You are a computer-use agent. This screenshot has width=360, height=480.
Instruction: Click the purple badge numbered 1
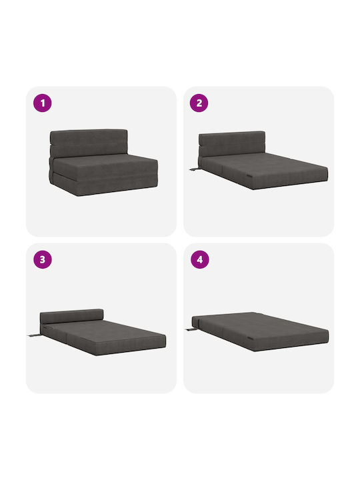coord(43,103)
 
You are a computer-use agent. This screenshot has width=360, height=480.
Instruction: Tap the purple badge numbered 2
coord(199,103)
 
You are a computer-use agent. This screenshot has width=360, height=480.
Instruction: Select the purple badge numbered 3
coord(43,259)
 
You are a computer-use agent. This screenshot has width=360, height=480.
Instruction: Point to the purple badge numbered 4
coord(200,259)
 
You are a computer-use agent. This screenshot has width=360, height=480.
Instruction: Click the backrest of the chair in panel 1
coord(89,143)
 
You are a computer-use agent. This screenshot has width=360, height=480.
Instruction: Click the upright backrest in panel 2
coord(232,144)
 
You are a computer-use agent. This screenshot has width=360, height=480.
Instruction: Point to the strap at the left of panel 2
coord(194,169)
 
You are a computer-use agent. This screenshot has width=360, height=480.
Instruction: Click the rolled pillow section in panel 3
coord(72,316)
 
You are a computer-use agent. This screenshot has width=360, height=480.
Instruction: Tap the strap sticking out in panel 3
coord(34,335)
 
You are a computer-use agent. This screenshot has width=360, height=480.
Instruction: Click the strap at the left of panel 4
coord(191,330)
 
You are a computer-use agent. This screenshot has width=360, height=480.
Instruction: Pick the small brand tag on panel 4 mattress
coord(251,338)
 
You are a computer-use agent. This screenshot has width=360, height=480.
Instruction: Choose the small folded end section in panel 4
coord(196,323)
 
